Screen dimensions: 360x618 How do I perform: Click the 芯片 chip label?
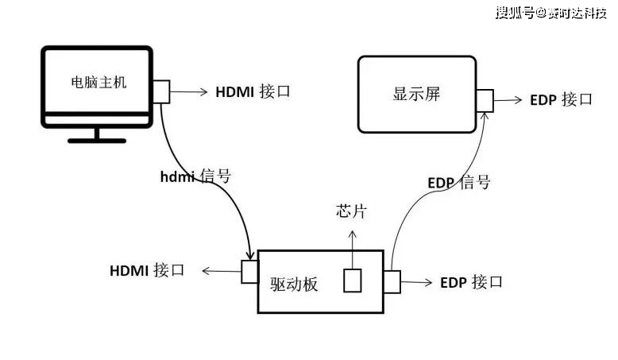click(x=352, y=212)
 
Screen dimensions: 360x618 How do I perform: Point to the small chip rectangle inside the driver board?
click(x=352, y=280)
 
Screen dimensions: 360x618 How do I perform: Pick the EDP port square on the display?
click(x=485, y=100)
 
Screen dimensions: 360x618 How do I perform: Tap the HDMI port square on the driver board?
click(x=249, y=271)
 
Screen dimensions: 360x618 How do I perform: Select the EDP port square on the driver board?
click(x=392, y=281)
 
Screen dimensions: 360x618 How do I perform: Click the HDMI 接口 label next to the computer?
click(x=253, y=91)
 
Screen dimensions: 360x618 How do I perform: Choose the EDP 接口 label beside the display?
click(x=561, y=100)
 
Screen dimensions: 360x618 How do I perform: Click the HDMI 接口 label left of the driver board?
click(x=147, y=270)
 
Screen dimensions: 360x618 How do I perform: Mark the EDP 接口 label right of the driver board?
click(x=471, y=282)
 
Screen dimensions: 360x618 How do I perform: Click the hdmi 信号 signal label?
click(x=195, y=176)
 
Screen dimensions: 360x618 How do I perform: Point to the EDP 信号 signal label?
click(x=458, y=183)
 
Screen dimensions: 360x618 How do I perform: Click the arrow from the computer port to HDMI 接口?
click(x=189, y=91)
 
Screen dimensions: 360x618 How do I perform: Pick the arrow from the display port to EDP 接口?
click(x=508, y=100)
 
